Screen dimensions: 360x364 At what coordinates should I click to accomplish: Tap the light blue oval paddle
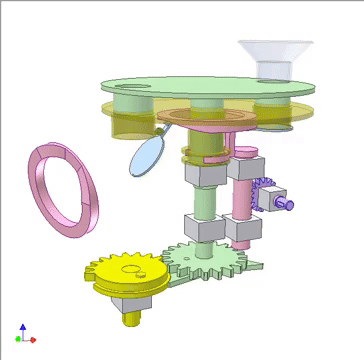(x=147, y=156)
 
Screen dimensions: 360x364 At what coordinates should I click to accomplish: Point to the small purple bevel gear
(x=266, y=194)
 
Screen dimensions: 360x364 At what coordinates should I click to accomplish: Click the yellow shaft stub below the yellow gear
(x=130, y=318)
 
